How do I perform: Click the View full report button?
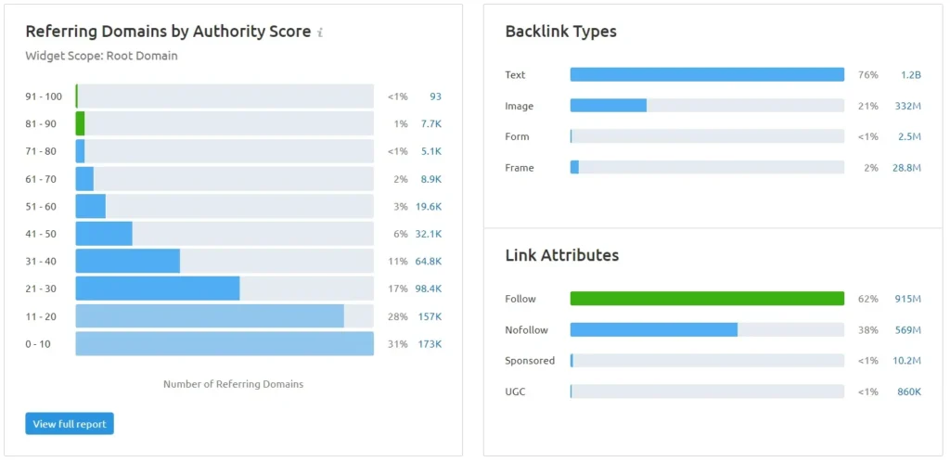point(70,424)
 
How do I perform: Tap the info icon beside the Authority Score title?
point(320,32)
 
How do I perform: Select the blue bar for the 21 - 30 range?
point(157,289)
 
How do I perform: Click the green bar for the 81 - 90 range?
point(81,123)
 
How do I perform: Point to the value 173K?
point(429,344)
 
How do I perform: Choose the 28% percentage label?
point(398,316)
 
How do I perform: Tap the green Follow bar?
point(707,299)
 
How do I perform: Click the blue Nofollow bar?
point(653,329)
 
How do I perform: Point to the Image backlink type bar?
point(608,106)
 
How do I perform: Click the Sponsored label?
point(530,361)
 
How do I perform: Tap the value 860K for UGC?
point(908,391)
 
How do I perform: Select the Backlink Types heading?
point(560,32)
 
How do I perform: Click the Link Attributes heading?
point(561,255)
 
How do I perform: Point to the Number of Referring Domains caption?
point(233,384)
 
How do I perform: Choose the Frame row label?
point(520,168)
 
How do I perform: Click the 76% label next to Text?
point(867,75)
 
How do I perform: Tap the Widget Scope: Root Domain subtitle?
point(101,56)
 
